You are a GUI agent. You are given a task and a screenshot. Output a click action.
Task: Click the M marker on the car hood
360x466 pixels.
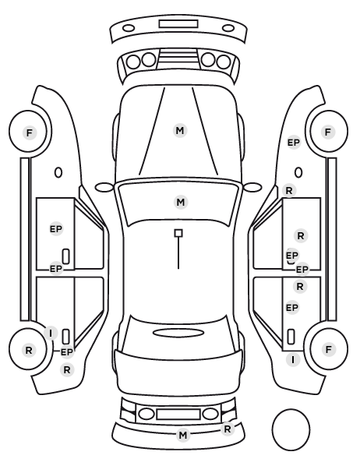pyautogui.click(x=180, y=130)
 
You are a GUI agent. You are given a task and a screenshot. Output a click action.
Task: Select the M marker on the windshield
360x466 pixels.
pyautogui.click(x=181, y=203)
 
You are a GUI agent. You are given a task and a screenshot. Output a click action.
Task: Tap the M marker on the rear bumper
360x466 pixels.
pyautogui.click(x=183, y=435)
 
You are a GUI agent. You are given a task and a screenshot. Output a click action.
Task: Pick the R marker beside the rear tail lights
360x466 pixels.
pyautogui.click(x=228, y=429)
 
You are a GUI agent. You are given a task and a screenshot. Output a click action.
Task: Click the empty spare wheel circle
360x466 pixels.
pyautogui.click(x=291, y=429)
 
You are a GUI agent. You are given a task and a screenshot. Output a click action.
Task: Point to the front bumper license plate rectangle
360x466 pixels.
pyautogui.click(x=178, y=24)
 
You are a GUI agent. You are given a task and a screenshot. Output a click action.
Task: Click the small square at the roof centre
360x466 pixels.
pyautogui.click(x=178, y=233)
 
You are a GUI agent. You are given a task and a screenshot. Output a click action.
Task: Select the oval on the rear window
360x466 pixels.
pyautogui.click(x=178, y=333)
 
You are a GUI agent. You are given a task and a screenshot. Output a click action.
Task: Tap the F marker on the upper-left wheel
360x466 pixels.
pyautogui.click(x=29, y=132)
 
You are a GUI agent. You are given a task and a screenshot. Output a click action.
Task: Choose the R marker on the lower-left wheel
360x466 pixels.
pyautogui.click(x=29, y=351)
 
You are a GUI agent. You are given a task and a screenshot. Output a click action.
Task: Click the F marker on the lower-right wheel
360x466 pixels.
pyautogui.click(x=328, y=349)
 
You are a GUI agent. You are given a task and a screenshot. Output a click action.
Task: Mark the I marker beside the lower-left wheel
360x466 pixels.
pyautogui.click(x=51, y=334)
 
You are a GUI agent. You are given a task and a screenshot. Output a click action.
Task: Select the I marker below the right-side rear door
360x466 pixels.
pyautogui.click(x=293, y=360)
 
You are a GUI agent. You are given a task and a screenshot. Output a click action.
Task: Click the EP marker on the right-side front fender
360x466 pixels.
pyautogui.click(x=294, y=143)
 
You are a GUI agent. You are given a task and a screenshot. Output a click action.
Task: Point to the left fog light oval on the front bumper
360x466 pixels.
pyautogui.click(x=129, y=28)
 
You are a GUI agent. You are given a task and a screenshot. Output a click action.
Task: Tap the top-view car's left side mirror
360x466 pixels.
pyautogui.click(x=104, y=187)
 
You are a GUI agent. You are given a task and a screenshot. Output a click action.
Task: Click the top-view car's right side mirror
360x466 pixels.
pyautogui.click(x=252, y=187)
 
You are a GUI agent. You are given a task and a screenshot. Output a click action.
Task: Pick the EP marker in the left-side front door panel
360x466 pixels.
pyautogui.click(x=56, y=229)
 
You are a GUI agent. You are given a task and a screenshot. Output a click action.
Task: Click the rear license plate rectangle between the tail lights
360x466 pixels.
pyautogui.click(x=178, y=415)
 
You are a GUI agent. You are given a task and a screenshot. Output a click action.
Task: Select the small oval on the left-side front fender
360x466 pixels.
pyautogui.click(x=58, y=172)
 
